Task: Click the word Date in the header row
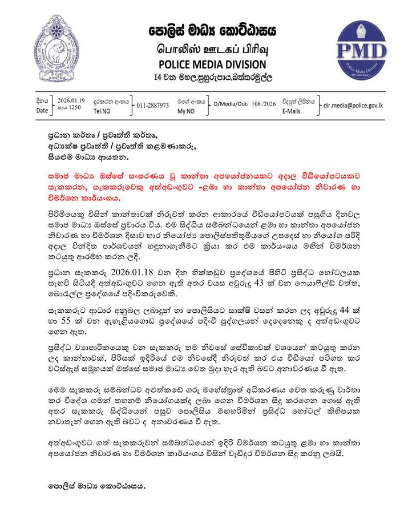(x=42, y=110)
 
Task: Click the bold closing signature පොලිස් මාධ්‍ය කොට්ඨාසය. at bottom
(x=96, y=487)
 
